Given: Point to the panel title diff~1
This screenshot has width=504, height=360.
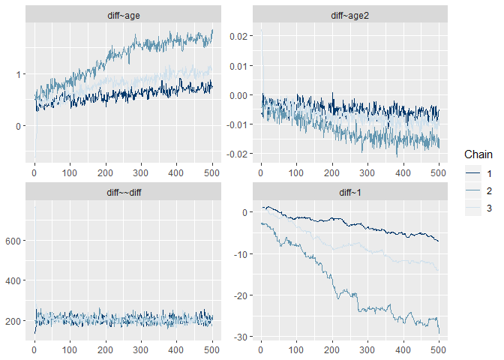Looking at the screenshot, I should click(x=349, y=191).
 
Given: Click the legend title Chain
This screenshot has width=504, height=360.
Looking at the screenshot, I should click(x=478, y=154).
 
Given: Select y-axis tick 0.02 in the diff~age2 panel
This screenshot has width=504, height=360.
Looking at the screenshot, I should click(x=237, y=36).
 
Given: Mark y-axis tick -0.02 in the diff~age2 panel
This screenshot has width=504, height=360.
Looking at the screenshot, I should click(x=235, y=154).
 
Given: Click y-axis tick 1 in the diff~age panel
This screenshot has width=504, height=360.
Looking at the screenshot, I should click(x=17, y=73).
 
